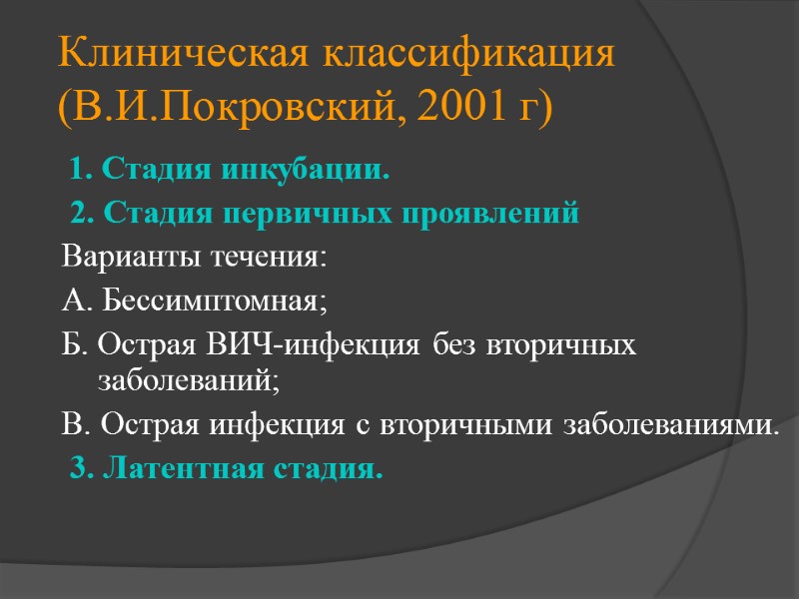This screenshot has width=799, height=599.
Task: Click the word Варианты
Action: (x=131, y=257)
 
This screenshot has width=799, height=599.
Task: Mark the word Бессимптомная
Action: (x=213, y=299)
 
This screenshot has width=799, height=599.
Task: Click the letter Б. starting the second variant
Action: (x=73, y=344)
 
